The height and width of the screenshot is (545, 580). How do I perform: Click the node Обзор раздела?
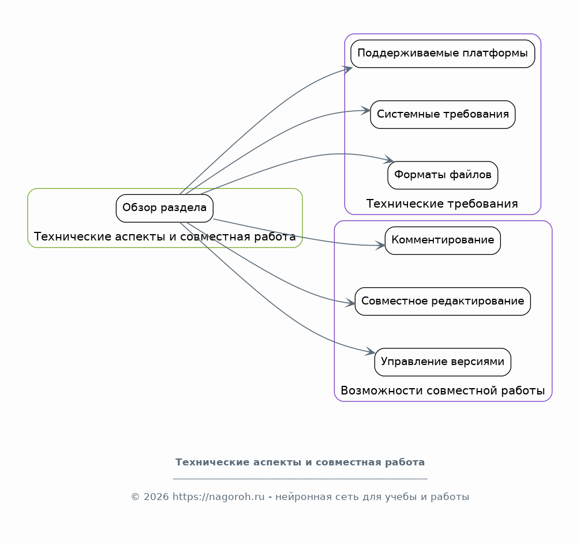(164, 208)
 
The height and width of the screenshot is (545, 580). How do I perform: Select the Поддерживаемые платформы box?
(443, 54)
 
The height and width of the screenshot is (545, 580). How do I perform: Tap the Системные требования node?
(443, 114)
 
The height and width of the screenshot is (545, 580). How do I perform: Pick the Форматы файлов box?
(443, 175)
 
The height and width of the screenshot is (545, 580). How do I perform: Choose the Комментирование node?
(443, 240)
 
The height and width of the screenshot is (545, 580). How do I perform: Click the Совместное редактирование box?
(443, 302)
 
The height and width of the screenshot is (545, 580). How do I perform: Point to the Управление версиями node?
(443, 362)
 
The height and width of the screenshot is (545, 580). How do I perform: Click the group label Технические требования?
(442, 204)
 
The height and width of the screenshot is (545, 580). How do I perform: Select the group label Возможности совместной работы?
(443, 390)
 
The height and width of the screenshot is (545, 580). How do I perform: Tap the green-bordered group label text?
(164, 236)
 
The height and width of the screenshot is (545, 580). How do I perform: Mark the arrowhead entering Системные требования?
(366, 111)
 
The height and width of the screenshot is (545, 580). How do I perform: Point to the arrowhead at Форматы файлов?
(389, 159)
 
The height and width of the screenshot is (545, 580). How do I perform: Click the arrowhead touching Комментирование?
(380, 245)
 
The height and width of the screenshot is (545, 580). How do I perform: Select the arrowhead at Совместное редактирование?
(350, 303)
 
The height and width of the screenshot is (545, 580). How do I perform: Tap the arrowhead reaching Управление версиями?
(371, 351)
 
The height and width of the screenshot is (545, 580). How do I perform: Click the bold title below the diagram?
(300, 462)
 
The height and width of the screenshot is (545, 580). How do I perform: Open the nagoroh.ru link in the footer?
(219, 497)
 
